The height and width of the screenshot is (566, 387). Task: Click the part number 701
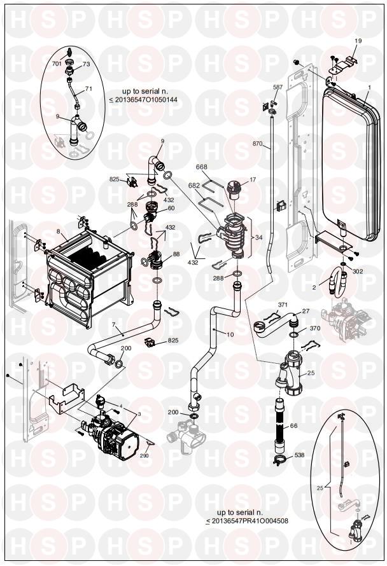coord(57,64)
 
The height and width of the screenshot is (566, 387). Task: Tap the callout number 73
coord(87,64)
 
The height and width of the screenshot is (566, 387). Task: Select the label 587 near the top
coord(278,87)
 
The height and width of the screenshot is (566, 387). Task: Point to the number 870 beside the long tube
coord(258,144)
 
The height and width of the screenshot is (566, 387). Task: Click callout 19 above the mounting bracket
coord(358,41)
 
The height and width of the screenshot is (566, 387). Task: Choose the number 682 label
coord(194,185)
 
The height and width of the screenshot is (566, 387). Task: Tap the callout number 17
coord(253,179)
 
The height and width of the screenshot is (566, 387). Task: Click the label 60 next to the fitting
coord(171,209)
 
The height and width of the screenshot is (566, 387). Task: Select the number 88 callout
coord(176,254)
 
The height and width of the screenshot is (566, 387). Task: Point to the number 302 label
coord(357,272)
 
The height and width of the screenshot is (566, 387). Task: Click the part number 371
coord(283,305)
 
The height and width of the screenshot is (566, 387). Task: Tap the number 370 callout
coord(315,329)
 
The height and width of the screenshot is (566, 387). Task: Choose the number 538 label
coord(299,455)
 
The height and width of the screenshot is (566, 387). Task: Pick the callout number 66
coord(294,426)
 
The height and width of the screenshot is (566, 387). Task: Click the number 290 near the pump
coord(144,456)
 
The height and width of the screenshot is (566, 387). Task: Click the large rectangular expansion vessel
coord(351,164)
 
